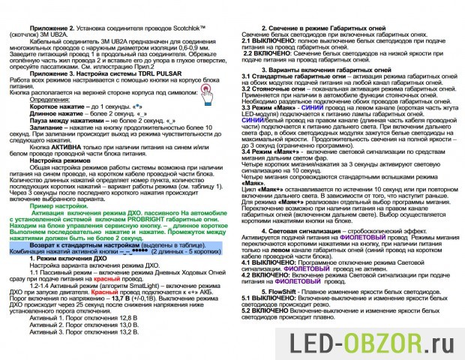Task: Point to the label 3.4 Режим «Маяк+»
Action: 274,151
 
